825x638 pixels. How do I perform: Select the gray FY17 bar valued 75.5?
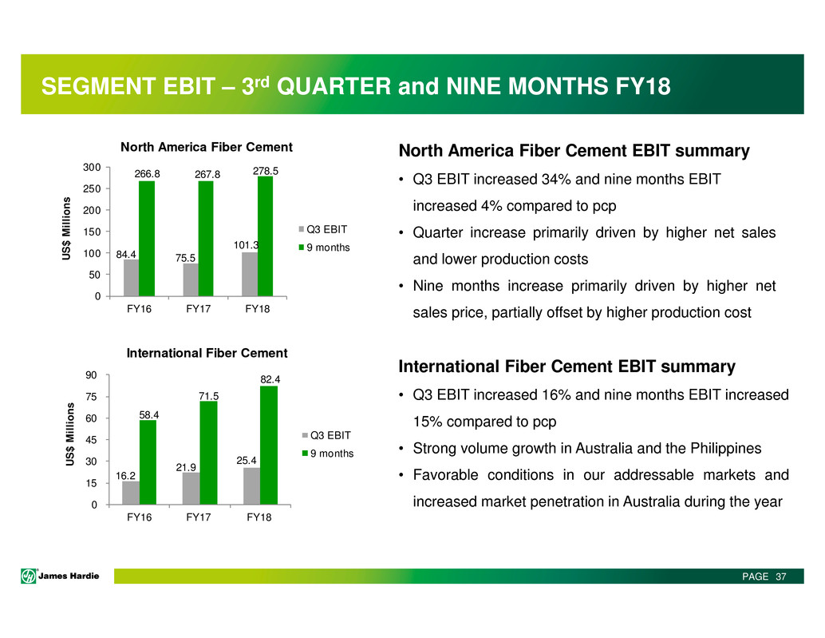[191, 279]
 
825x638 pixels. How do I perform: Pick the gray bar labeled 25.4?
[251, 485]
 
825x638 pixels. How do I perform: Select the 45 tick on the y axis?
[92, 440]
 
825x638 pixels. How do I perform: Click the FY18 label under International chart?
[259, 517]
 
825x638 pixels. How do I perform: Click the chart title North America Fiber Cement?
[207, 147]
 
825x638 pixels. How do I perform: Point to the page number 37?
[780, 577]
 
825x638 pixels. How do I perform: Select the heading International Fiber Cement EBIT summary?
[566, 367]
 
